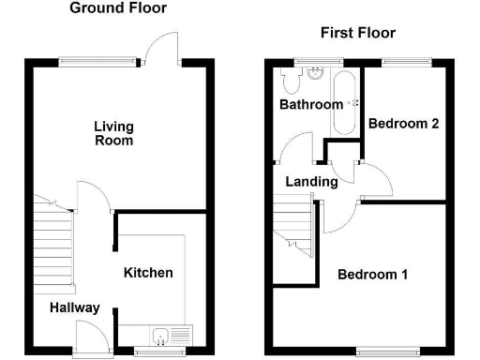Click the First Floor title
click(x=357, y=33)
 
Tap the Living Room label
click(x=113, y=133)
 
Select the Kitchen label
click(x=148, y=273)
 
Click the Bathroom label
click(x=311, y=105)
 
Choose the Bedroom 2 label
click(x=404, y=123)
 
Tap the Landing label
click(x=312, y=182)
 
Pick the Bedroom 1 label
click(x=372, y=275)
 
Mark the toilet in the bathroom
click(x=290, y=82)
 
